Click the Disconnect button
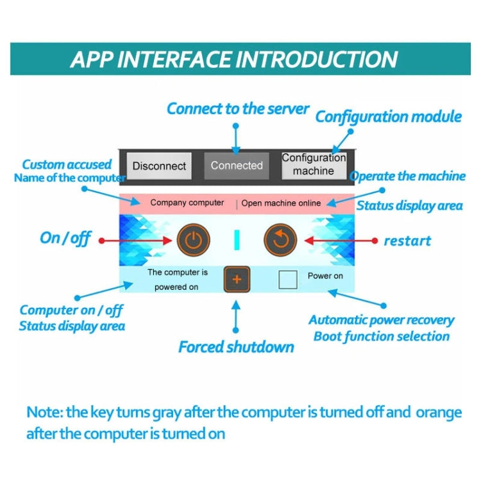[x=159, y=165]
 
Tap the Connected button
[x=237, y=165]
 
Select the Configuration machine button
[x=314, y=165]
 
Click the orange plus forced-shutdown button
[x=237, y=279]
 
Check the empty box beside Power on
[x=288, y=279]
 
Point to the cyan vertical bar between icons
[x=237, y=240]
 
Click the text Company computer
[x=187, y=203]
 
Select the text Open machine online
[x=281, y=203]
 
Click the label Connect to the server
[x=238, y=108]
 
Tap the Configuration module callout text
[x=388, y=117]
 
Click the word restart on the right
[x=407, y=241]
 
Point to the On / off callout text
[x=65, y=238]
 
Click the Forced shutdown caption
[x=236, y=347]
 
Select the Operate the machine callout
[x=407, y=176]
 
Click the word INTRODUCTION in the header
[x=317, y=59]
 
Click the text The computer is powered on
[x=178, y=280]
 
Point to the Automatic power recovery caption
[x=381, y=320]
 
